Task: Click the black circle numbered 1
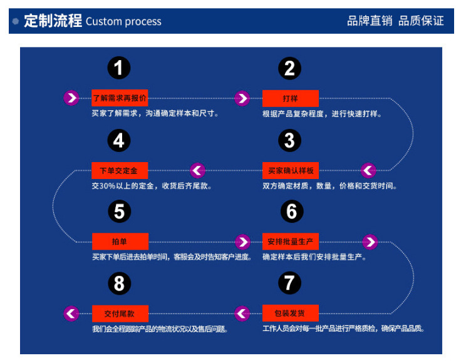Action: pos(119,68)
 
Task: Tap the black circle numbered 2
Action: pos(289,68)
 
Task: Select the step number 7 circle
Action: pos(289,283)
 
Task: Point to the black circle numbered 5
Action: pos(119,212)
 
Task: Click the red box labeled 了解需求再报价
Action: pos(120,98)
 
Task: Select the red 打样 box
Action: pos(291,98)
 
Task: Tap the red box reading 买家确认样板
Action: pos(291,170)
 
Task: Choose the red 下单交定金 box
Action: pos(120,170)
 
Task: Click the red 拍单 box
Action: pos(120,242)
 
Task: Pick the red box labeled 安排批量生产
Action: pos(291,242)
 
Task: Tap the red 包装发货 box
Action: pos(291,313)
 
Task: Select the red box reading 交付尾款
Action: pos(120,313)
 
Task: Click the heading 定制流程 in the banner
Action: pos(53,21)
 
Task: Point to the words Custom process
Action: pos(123,22)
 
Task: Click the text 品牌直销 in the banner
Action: pos(370,21)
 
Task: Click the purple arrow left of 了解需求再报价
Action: pos(71,98)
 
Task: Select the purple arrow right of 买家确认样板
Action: pos(368,170)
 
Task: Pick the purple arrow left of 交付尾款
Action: pos(71,313)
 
